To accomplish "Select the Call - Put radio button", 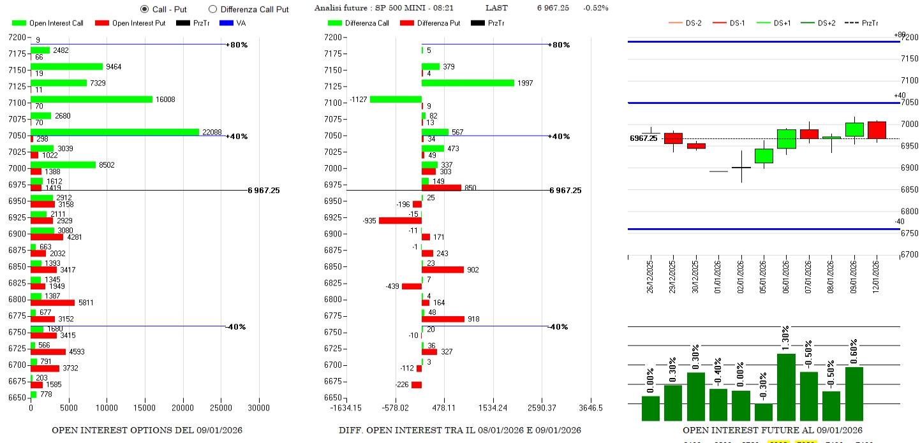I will [x=144, y=10].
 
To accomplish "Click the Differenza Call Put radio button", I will [x=213, y=10].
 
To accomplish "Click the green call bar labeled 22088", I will [x=115, y=132].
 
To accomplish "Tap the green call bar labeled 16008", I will [x=91, y=99].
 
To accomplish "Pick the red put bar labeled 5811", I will [x=52, y=303].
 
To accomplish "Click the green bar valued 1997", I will [x=468, y=83].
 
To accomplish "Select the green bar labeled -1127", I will [x=396, y=99].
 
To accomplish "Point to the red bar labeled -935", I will [x=400, y=221].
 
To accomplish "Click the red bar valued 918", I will [x=443, y=319].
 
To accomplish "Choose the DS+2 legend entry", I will [x=822, y=24].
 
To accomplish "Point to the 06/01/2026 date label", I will [x=786, y=273].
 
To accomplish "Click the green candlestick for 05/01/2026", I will [x=764, y=156].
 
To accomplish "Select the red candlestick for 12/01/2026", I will [x=877, y=129].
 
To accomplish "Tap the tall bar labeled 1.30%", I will [x=786, y=387].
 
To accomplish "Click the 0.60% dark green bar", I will [x=854, y=393].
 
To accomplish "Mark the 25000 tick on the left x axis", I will [x=221, y=408].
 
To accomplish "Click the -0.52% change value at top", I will [x=595, y=8].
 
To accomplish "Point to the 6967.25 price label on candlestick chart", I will [x=643, y=138].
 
